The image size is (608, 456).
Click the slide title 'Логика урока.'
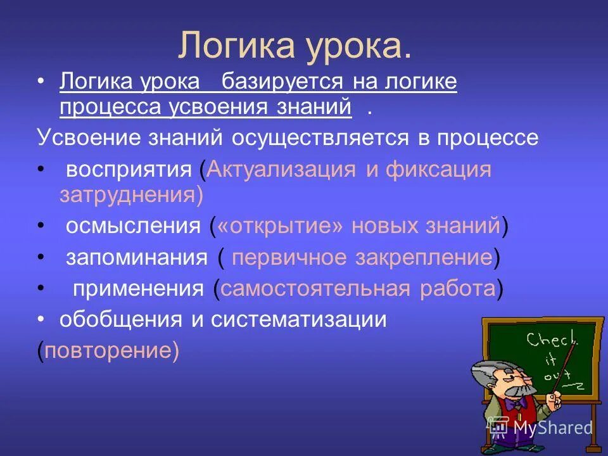point(295,45)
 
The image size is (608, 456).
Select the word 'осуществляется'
point(320,138)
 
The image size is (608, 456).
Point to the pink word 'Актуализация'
point(282,170)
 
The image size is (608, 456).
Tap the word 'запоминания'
point(136,257)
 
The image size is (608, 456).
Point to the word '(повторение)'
point(108,350)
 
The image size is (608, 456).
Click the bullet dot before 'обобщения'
point(42,320)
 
